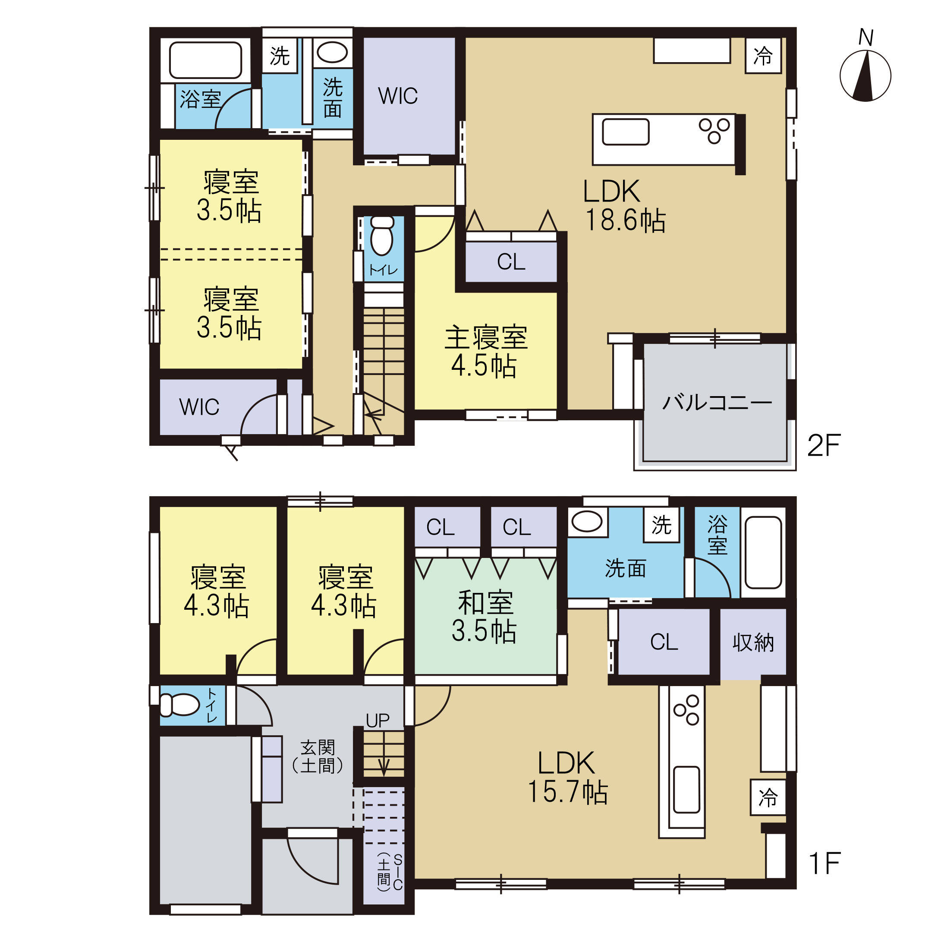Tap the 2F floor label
coord(825,445)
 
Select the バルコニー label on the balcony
coord(717,403)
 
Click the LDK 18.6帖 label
coord(625,205)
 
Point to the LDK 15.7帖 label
coord(568,777)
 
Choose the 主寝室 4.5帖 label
coord(486,351)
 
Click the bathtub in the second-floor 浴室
coord(205,60)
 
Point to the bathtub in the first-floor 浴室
coord(763,552)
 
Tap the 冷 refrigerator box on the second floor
coord(763,56)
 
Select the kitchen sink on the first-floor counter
coord(686,790)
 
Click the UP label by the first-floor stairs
coord(378,721)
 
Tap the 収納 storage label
coord(753,642)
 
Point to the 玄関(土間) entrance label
coord(318,757)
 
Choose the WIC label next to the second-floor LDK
coord(398,96)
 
